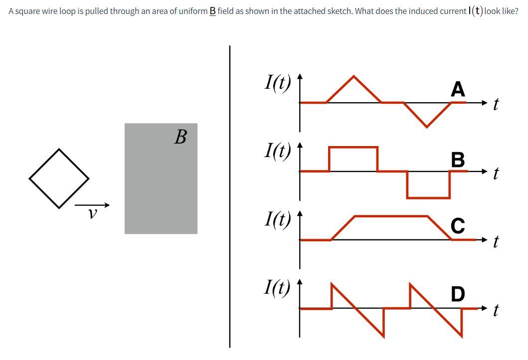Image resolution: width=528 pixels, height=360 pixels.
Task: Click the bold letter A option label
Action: point(458,89)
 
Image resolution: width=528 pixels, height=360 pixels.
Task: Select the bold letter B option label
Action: point(458,160)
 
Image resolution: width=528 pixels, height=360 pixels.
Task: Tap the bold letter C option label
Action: point(458,226)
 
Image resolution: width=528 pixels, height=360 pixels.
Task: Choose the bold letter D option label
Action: point(458,294)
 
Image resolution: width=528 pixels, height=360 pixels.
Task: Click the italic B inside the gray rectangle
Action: point(180,137)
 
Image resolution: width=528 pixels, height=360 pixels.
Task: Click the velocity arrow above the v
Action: point(92,205)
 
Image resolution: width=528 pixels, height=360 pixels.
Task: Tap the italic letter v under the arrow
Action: point(92,214)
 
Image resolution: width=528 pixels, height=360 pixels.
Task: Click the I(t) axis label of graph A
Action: point(277,82)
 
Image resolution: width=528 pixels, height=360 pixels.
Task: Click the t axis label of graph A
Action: point(496,104)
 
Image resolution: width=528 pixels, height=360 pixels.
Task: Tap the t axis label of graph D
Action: point(496,311)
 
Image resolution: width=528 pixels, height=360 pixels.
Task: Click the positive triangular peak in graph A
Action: point(354,78)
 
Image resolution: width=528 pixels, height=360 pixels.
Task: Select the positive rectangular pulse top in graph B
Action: point(353,147)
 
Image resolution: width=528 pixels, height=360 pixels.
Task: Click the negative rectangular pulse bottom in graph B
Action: point(428,197)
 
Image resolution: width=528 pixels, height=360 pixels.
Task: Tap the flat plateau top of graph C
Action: point(391,216)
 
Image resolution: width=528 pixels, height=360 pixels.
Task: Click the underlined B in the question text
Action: point(212,11)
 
